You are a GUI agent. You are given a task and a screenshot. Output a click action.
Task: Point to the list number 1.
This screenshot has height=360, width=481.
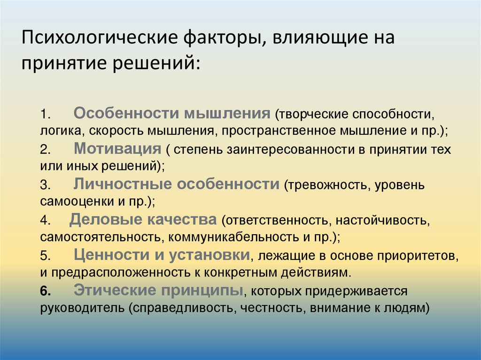(x=45, y=115)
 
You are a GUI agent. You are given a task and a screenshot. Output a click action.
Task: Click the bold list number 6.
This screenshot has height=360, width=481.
(x=46, y=291)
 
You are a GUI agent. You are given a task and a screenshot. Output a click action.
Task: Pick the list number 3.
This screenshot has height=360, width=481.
(x=45, y=185)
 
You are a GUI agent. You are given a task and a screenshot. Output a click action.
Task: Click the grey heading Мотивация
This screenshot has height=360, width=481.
(x=117, y=148)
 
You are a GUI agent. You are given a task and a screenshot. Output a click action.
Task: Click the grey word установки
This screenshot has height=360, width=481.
(x=209, y=255)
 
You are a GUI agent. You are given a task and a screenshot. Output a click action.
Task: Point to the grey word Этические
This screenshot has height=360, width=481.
(x=115, y=290)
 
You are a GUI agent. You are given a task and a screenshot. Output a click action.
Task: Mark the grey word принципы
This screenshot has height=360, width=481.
(x=202, y=291)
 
